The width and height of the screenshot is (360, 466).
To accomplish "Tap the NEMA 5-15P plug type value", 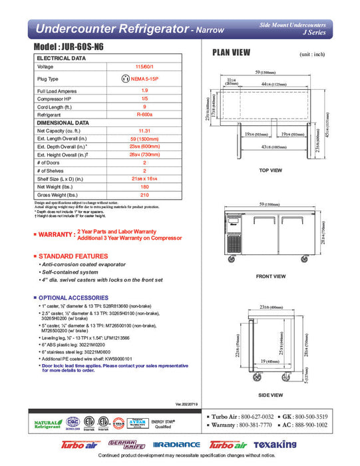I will coord(144,79).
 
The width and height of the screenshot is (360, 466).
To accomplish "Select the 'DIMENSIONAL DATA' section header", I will coord(63,122).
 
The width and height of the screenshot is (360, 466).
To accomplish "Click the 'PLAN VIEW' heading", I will coord(231,53).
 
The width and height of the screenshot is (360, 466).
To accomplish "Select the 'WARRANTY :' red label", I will coord(55,234).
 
